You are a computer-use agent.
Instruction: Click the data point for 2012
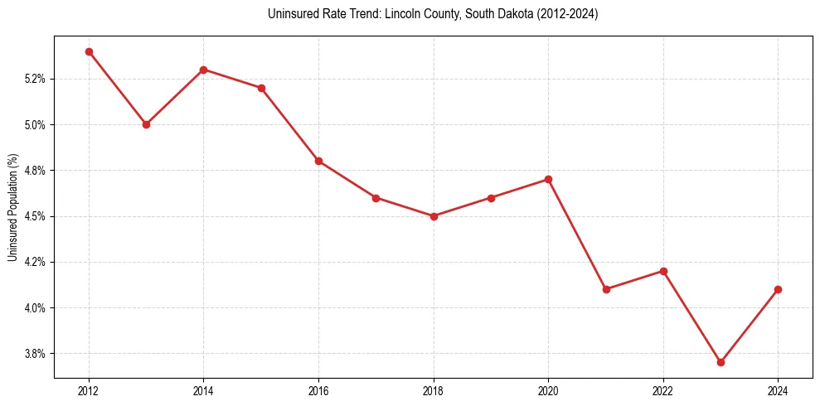pos(89,51)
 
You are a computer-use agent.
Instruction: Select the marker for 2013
pos(146,124)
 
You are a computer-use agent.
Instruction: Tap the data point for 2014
pos(203,70)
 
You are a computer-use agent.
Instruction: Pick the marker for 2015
pos(261,88)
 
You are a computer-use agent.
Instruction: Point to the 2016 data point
pos(318,161)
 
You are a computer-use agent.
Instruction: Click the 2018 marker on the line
pos(434,216)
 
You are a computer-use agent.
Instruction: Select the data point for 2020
pos(548,179)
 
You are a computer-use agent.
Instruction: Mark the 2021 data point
pos(606,289)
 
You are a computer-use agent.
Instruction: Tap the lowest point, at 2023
pos(721,362)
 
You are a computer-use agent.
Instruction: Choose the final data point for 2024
pos(778,289)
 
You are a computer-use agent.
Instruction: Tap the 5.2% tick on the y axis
pos(35,79)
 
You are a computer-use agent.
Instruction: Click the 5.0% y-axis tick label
pos(35,124)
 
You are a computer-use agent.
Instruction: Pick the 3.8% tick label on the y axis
pos(35,354)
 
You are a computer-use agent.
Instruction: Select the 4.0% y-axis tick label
pos(35,307)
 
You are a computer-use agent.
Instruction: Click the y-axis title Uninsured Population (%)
pos(12,207)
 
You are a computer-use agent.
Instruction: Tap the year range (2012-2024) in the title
pos(566,14)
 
